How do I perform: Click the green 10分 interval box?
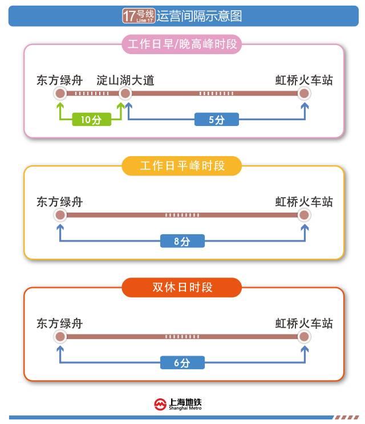point(91,119)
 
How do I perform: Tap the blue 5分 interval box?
point(217,119)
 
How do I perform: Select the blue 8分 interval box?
point(182,241)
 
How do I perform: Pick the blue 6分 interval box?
point(182,362)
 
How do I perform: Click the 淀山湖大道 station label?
point(125,80)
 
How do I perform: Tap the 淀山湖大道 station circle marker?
point(125,93)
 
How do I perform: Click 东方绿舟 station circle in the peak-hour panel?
point(60,93)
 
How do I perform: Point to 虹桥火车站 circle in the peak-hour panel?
point(304,93)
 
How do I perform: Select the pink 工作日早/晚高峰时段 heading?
point(182,44)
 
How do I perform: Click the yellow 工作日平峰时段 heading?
point(182,166)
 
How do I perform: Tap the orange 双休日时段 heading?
point(182,287)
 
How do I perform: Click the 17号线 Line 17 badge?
point(139,16)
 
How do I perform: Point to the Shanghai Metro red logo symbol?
point(160,405)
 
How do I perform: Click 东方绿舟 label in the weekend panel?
point(59,323)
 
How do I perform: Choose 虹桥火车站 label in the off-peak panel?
point(304,202)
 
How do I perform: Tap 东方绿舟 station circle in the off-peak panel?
point(60,215)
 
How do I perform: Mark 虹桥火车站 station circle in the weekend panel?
point(304,337)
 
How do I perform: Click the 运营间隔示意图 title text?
point(199,16)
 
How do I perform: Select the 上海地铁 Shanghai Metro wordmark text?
point(185,404)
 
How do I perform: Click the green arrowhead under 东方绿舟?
point(60,105)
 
